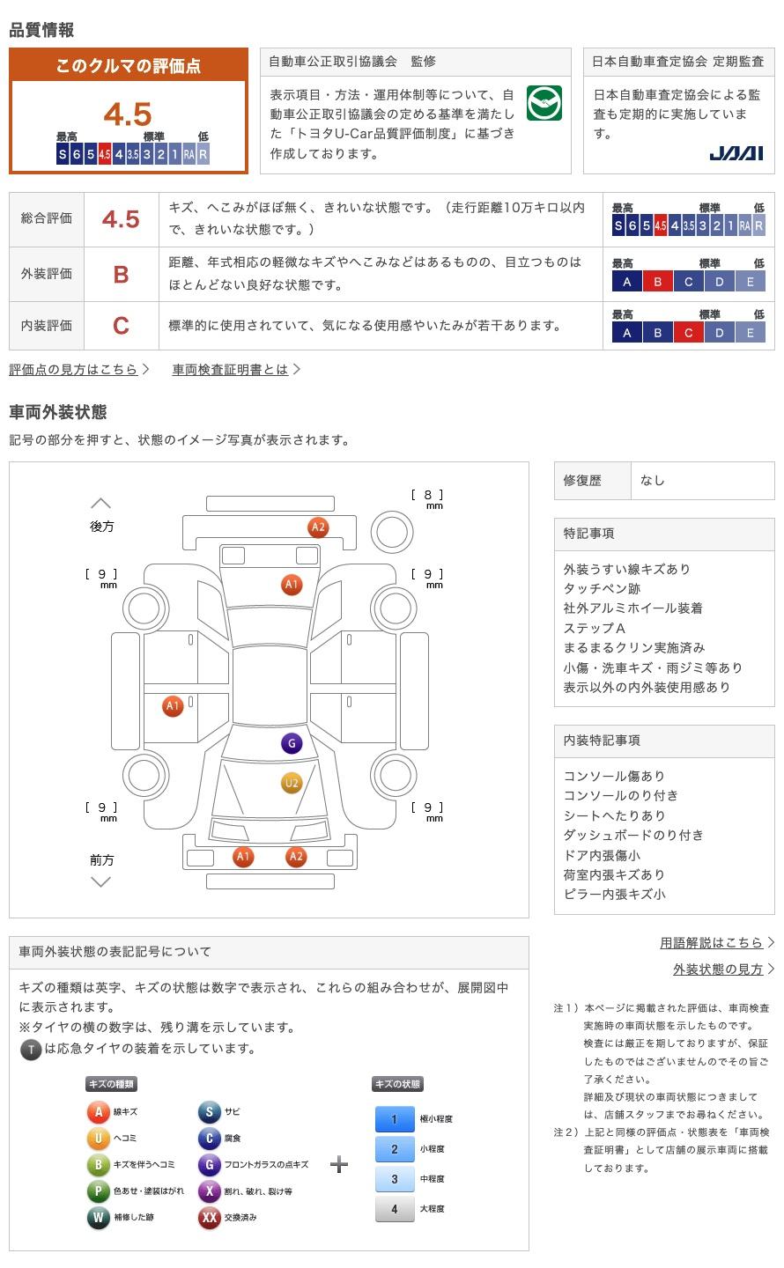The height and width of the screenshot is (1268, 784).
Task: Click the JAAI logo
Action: click(x=736, y=153)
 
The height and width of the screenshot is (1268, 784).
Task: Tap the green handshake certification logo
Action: click(x=544, y=103)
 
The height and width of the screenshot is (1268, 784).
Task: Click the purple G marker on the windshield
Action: click(x=292, y=743)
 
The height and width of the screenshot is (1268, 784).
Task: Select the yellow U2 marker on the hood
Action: click(x=292, y=783)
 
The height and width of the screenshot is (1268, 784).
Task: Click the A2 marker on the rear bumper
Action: click(x=318, y=527)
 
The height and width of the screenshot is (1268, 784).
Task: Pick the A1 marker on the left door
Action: click(x=173, y=706)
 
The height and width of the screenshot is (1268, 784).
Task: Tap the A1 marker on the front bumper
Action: click(x=243, y=856)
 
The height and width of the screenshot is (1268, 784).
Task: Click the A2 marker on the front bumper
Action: click(x=296, y=856)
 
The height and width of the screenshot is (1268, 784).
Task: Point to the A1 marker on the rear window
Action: click(x=292, y=584)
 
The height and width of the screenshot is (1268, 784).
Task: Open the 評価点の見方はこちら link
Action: click(x=74, y=370)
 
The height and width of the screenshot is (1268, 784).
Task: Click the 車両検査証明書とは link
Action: click(x=230, y=370)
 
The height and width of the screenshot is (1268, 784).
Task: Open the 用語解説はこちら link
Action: click(x=712, y=942)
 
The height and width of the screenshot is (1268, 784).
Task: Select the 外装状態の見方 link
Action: click(x=718, y=969)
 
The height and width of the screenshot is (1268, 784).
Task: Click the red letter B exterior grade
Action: click(x=122, y=275)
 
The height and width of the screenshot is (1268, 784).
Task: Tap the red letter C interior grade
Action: click(x=122, y=326)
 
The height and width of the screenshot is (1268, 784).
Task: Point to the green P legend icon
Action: click(x=98, y=1191)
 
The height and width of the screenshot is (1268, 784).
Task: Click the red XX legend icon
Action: click(x=209, y=1217)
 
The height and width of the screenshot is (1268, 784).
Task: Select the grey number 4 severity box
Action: click(x=395, y=1209)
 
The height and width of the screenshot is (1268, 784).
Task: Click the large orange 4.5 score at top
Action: click(x=128, y=114)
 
